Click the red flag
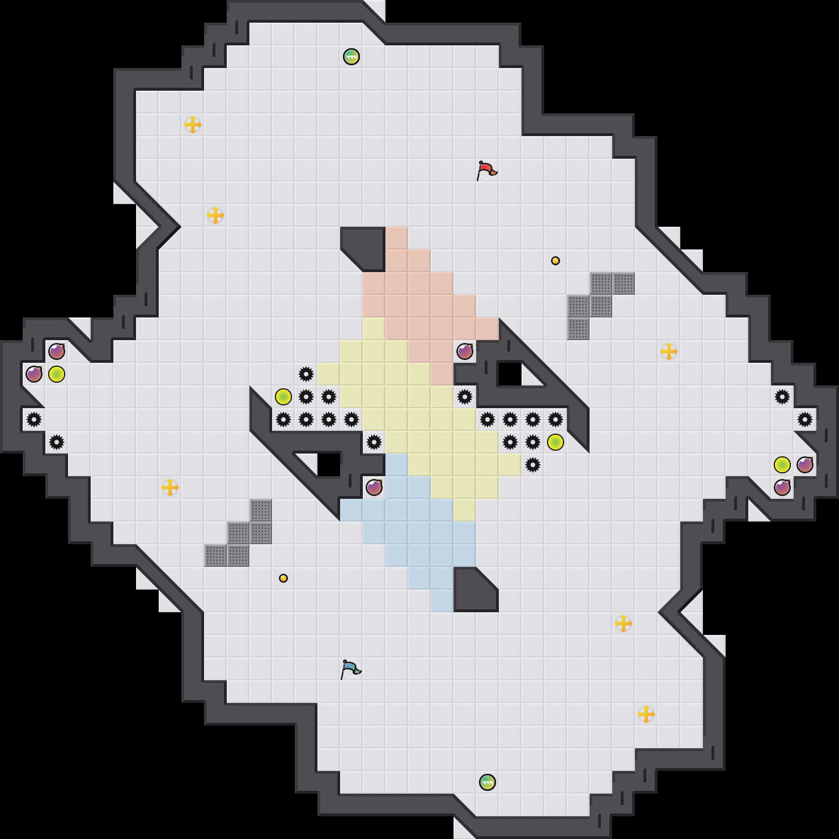click(486, 170)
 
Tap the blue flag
click(350, 668)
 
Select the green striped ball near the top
click(351, 57)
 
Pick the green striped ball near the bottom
click(488, 782)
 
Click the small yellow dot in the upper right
click(556, 261)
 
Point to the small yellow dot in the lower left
click(283, 578)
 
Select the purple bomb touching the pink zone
click(465, 351)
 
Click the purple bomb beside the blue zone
click(374, 488)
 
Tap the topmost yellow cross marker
click(193, 125)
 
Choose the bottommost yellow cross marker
click(646, 714)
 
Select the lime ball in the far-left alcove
click(57, 374)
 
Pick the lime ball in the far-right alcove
click(782, 465)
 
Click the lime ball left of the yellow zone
click(283, 397)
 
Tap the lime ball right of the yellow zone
click(556, 442)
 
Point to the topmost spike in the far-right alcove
click(782, 397)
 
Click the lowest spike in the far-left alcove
click(57, 442)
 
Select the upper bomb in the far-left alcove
click(57, 351)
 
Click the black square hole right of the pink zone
click(510, 374)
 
